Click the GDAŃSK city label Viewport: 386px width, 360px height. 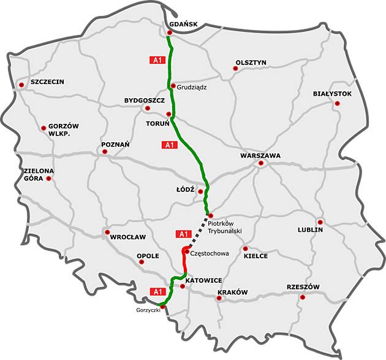(x=182, y=24)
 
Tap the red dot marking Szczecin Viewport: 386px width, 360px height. (x=21, y=85)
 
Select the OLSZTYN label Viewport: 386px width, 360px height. (x=251, y=62)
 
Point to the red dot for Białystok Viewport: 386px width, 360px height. (x=337, y=104)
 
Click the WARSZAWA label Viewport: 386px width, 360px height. (x=260, y=156)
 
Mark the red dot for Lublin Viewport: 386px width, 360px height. (x=320, y=222)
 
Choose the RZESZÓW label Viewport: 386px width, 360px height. (x=303, y=287)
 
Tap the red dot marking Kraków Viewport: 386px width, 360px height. (x=219, y=299)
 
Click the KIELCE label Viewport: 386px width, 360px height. (x=255, y=256)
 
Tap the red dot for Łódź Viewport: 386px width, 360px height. (x=200, y=191)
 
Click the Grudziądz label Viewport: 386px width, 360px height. (x=192, y=87)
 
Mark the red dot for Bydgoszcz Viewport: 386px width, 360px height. (x=146, y=108)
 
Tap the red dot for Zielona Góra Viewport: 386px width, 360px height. (x=49, y=178)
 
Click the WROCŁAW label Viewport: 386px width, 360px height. (x=128, y=237)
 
